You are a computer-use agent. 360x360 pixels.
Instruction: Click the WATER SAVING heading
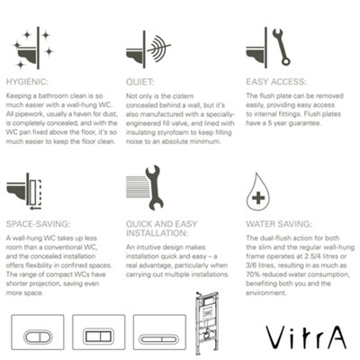pyautogui.click(x=281, y=219)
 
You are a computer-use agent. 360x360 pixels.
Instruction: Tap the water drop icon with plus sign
pyautogui.click(x=259, y=192)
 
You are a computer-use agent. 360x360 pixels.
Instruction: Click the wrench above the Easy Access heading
pyautogui.click(x=280, y=45)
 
